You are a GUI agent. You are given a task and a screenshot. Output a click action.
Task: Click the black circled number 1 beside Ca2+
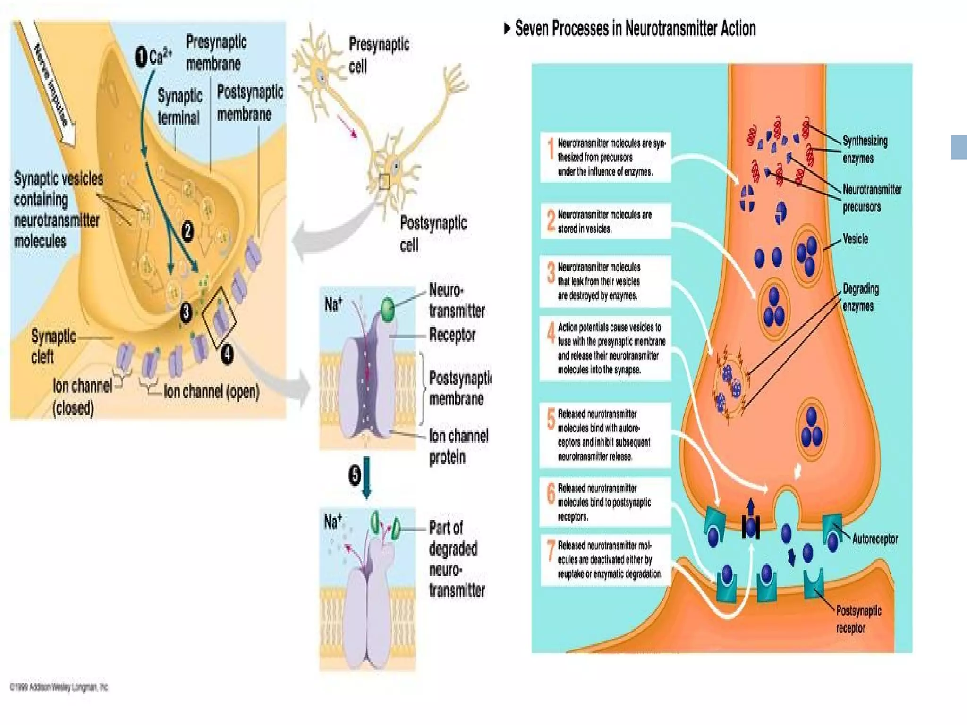tap(141, 58)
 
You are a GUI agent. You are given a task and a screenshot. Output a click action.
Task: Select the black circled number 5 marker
tap(355, 475)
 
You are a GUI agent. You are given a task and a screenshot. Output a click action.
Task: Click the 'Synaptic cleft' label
tap(53, 346)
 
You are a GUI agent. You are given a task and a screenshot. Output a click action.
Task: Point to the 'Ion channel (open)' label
tap(211, 391)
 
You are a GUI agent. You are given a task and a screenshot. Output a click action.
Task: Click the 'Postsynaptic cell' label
tap(433, 234)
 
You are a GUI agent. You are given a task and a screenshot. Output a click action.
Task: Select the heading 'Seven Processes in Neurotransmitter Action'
tap(635, 29)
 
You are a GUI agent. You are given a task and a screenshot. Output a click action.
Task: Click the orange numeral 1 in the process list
tap(550, 148)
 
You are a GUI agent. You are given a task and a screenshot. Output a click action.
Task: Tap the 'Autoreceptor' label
tap(874, 539)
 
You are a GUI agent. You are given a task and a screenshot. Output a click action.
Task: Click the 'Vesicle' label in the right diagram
tap(855, 239)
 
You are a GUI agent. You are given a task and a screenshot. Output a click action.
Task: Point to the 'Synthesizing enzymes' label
tap(865, 149)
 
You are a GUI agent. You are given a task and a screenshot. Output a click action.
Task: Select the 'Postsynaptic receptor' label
tap(858, 619)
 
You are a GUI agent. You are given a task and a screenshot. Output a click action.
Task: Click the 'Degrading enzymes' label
tap(860, 297)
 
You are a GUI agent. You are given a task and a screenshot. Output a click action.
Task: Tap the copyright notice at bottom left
tap(59, 687)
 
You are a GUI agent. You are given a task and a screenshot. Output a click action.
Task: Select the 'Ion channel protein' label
tap(458, 446)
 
